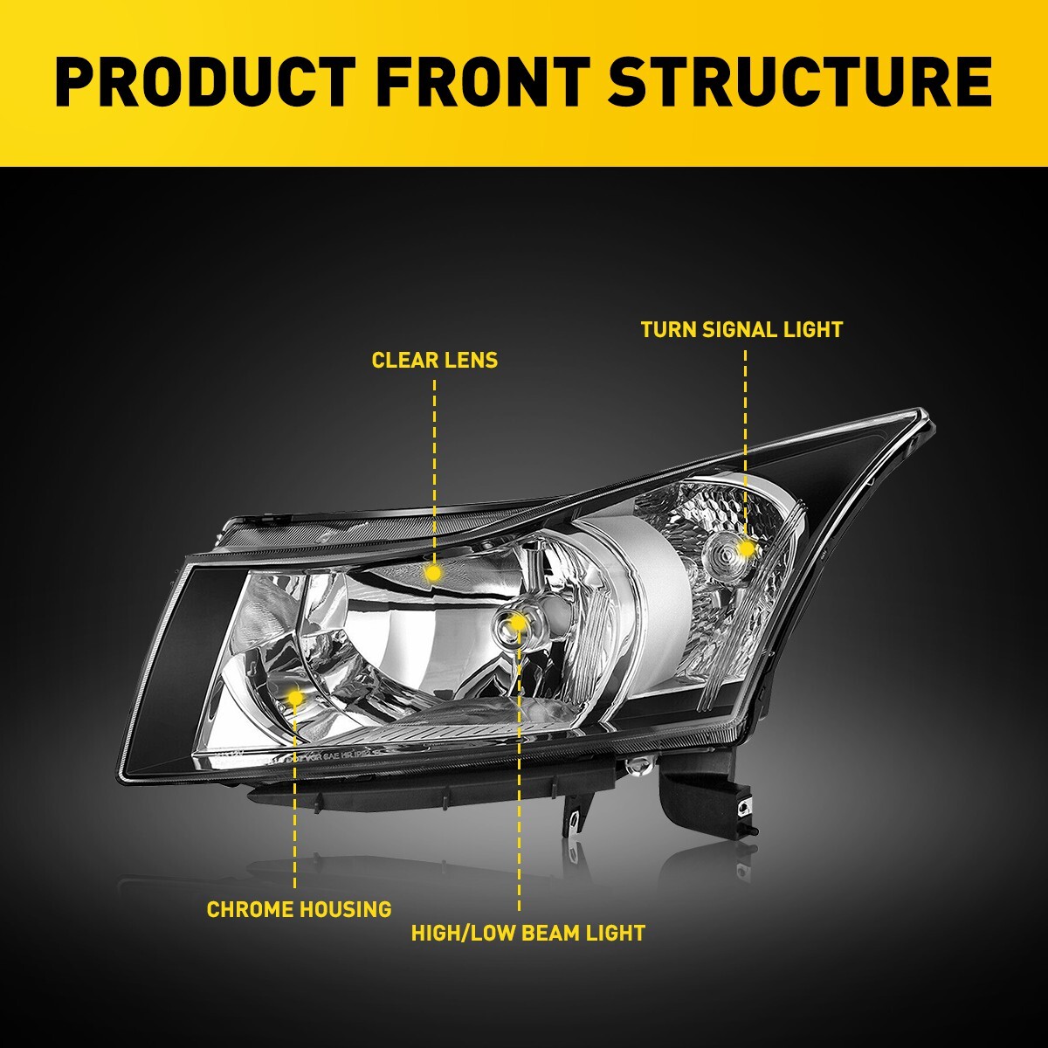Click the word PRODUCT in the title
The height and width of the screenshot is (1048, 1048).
(204, 82)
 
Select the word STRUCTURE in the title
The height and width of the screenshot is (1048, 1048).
(799, 82)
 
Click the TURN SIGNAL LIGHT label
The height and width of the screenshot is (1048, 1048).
(741, 329)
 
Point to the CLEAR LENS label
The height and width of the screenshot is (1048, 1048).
(434, 360)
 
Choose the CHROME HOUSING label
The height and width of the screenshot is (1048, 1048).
(299, 909)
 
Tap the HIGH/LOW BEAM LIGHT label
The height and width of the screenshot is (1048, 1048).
(527, 933)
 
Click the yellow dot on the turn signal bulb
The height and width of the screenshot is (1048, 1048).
(746, 548)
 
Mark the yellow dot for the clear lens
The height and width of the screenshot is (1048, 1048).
(432, 573)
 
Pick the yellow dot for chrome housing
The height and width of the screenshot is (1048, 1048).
(295, 697)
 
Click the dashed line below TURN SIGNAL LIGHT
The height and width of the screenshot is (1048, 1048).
(746, 437)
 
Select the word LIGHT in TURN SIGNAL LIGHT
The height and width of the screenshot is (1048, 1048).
(813, 329)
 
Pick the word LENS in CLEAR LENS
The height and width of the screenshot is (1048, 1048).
(470, 360)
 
